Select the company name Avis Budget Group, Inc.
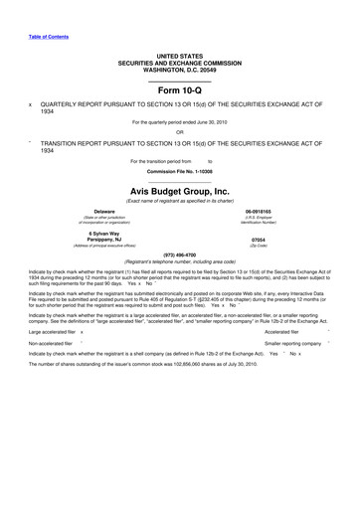coord(179,191)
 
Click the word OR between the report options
coord(179,131)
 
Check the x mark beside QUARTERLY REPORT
coord(31,102)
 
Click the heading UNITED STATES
coord(179,57)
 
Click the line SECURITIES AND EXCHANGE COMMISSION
coord(179,63)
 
